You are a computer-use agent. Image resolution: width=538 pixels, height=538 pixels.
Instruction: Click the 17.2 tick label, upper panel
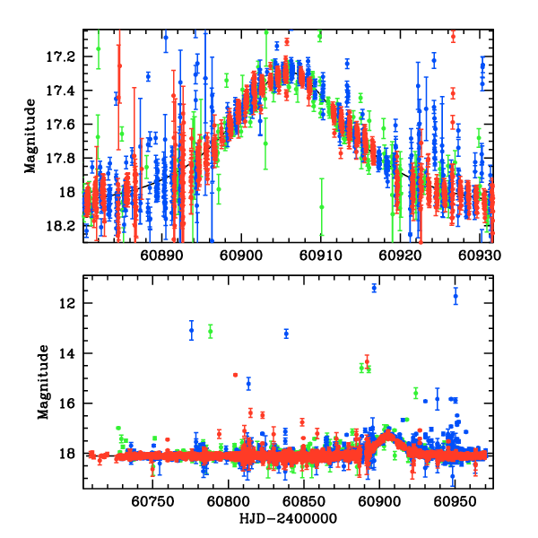62,56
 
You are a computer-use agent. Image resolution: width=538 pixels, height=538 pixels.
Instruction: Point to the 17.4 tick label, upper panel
62,91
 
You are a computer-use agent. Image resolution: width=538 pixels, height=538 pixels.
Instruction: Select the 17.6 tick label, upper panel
62,124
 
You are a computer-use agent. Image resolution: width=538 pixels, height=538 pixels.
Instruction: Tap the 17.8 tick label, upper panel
62,158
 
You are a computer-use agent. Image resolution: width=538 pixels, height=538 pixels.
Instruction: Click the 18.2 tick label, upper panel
62,225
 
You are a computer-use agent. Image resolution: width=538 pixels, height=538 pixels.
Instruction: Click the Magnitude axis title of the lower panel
42,383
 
